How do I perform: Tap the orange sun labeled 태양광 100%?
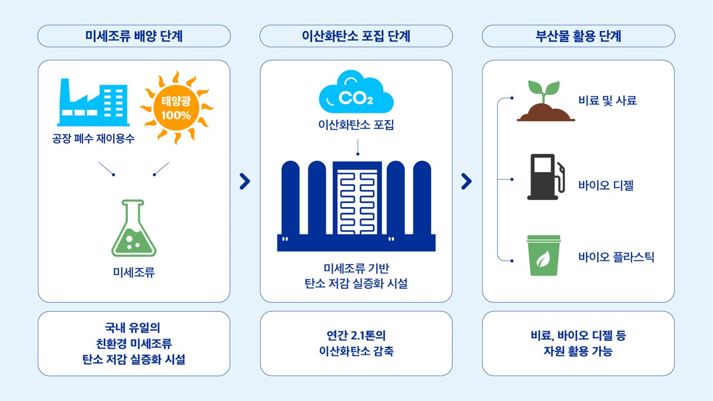(177, 107)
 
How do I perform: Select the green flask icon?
(134, 228)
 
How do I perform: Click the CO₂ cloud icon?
(356, 92)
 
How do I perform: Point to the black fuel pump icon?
(546, 177)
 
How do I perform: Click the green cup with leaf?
(544, 255)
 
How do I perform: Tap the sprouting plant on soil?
(545, 101)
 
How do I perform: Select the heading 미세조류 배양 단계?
(134, 36)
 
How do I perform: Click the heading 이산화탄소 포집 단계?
(356, 36)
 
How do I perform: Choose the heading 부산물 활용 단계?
(578, 36)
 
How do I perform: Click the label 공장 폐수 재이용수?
(93, 139)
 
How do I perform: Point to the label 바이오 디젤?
(606, 185)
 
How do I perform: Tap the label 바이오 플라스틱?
(616, 257)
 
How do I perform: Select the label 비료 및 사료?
(608, 101)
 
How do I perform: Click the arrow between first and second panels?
(245, 182)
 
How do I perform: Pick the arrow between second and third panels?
(467, 182)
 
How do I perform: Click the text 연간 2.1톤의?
(356, 335)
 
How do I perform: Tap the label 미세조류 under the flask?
(134, 272)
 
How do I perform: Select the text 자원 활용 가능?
(578, 351)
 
